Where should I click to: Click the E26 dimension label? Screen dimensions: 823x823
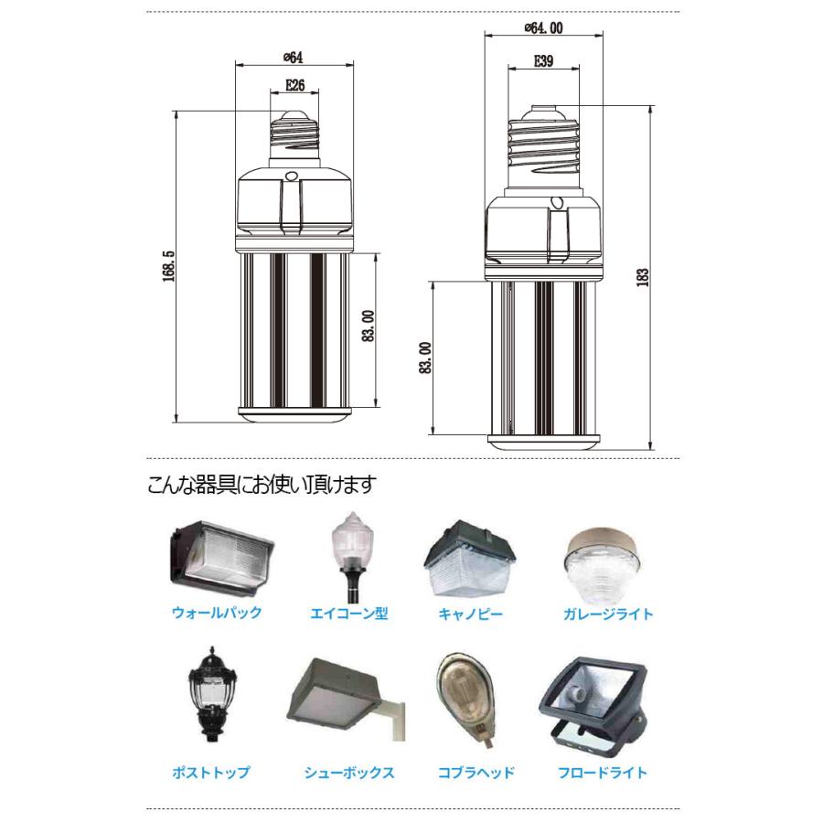[x=294, y=86]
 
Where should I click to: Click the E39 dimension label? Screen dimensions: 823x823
[x=542, y=62]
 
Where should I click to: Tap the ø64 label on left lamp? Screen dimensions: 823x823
[x=293, y=57]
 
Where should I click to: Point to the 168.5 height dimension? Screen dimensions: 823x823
[x=168, y=265]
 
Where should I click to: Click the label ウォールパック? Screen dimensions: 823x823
[x=217, y=613]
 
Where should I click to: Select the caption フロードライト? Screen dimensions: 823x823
[x=603, y=773]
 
